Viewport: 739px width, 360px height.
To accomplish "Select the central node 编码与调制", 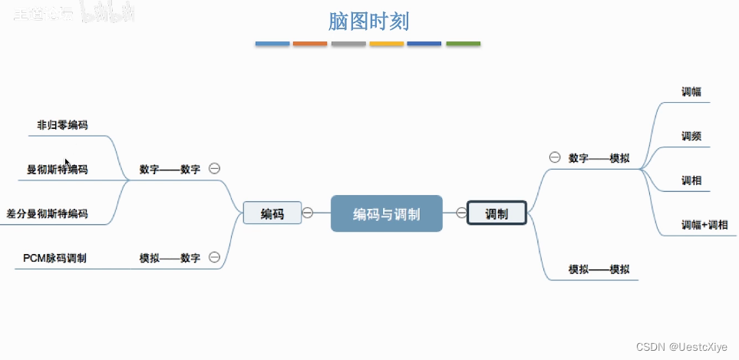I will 386,214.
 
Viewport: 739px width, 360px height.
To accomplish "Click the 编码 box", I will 272,213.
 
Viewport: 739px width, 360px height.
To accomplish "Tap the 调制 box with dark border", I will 497,213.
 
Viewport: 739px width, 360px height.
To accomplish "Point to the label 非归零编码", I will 62,125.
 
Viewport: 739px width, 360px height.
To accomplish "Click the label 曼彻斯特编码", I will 58,169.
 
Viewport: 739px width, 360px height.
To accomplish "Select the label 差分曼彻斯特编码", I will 47,213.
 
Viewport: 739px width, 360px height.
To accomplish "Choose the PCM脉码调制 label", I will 55,258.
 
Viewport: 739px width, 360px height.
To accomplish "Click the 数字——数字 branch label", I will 170,169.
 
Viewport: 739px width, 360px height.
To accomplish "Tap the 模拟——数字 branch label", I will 170,258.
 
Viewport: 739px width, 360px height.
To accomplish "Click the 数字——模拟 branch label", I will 599,157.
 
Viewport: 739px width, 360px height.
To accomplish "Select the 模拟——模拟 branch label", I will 599,269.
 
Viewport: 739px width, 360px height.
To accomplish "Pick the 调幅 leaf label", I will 691,91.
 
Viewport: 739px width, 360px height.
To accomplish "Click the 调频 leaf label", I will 691,136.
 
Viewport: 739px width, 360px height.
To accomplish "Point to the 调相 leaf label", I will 691,180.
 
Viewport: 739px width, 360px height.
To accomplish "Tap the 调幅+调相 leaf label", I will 704,225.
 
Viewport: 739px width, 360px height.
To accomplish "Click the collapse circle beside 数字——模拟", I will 555,157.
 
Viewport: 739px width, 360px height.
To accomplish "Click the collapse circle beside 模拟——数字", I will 215,257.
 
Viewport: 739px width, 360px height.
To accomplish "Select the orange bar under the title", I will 310,44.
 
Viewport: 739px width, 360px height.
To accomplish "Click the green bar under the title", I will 463,44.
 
